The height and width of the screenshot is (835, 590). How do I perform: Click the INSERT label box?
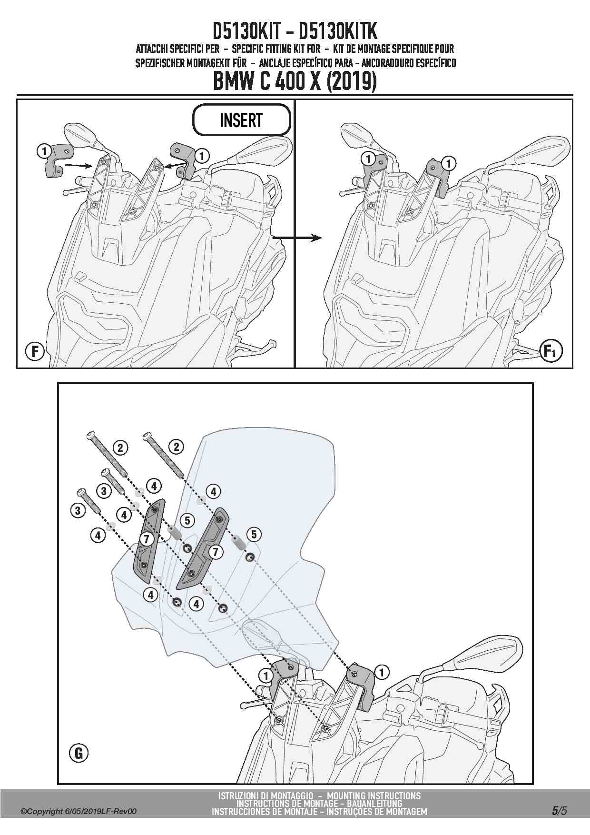click(241, 120)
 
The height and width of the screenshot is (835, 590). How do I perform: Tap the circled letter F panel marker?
click(34, 352)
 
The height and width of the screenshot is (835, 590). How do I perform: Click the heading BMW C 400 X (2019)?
click(295, 82)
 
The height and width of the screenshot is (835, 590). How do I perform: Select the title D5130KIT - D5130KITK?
click(295, 31)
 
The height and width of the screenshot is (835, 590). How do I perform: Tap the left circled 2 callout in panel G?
click(120, 447)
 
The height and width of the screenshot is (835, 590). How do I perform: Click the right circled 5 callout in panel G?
click(254, 534)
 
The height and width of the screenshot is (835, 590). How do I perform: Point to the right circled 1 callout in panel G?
click(382, 672)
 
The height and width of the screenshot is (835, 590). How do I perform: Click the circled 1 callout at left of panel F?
click(43, 151)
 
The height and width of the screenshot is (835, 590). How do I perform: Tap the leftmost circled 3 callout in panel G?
click(78, 511)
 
